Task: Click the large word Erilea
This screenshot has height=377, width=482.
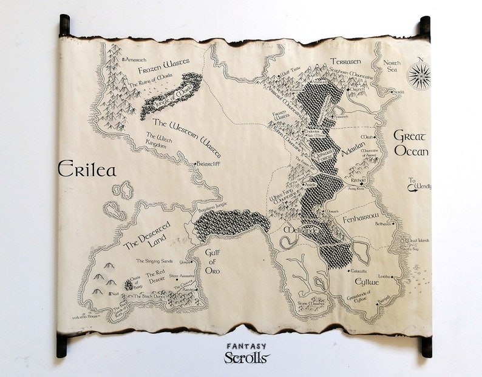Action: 87,170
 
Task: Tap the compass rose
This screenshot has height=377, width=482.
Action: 418,76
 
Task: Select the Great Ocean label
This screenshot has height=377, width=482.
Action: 411,144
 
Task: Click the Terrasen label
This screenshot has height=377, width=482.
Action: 346,61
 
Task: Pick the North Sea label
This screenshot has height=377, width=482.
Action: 392,67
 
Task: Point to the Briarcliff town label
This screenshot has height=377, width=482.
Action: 206,164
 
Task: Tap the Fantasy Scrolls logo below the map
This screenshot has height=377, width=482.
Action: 246,353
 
